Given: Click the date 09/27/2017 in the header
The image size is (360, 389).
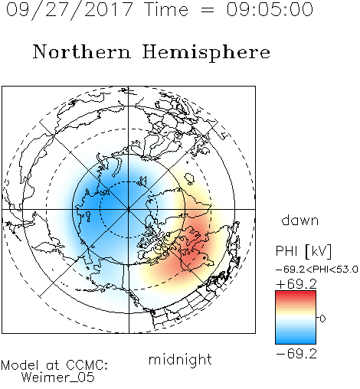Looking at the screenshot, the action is coord(70,10).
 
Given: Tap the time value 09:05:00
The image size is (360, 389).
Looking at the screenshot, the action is coord(270,9).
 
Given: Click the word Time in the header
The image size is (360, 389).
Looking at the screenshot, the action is coord(166,9).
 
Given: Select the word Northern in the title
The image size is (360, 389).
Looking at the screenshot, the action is coord(81,51).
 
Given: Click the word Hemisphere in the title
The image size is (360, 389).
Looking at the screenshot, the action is coord(206,53).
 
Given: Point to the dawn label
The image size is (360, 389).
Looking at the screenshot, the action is coord(300,220).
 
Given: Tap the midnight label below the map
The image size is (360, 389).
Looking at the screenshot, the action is coord(180,360).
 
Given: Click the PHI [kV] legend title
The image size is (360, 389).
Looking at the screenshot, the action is coord(303,251).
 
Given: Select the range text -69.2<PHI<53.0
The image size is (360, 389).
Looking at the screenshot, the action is coord(317,270).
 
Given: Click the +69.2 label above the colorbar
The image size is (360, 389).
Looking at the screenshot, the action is coord(296,284).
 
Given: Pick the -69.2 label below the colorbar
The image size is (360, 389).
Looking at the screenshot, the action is coord(296,354).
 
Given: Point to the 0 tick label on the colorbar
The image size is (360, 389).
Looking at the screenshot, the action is coord(322,319).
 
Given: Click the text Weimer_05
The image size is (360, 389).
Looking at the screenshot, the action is coord(58,378).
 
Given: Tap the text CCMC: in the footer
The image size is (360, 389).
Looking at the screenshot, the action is coord(87,365).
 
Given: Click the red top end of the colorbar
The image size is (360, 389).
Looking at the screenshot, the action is coord(296,293).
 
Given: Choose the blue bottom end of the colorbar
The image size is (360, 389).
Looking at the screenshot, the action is coord(296,342).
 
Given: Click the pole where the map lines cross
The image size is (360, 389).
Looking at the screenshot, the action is coord(129,209).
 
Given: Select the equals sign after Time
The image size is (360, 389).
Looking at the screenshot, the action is coord(208,10).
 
